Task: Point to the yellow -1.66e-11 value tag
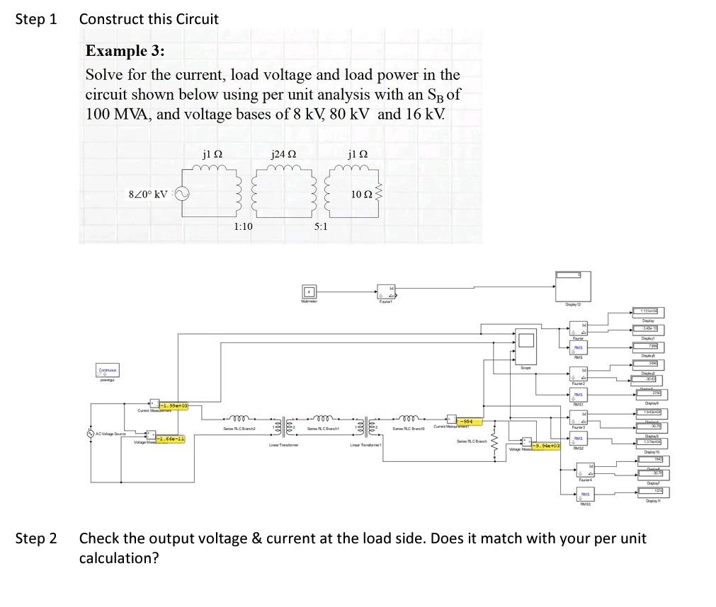tap(170, 439)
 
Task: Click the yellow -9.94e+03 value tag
tap(547, 446)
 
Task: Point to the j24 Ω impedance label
tap(283, 155)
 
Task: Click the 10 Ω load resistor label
tap(362, 195)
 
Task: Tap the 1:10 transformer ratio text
tap(243, 226)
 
